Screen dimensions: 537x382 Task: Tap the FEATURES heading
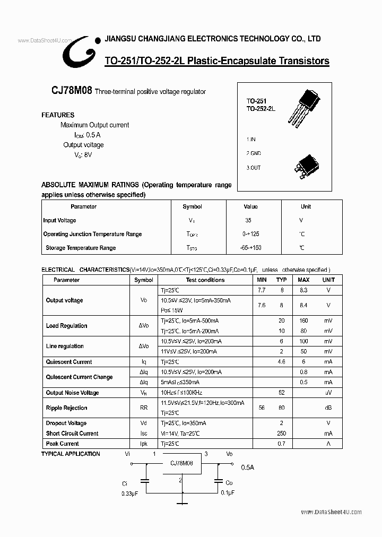[x=58, y=115]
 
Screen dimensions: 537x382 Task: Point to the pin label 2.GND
[x=254, y=153]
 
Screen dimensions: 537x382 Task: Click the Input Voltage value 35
[x=249, y=220]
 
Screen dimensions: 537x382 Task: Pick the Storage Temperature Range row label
[x=81, y=248]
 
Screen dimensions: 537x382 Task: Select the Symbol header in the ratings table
[x=192, y=206]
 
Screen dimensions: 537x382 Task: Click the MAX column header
[x=303, y=280]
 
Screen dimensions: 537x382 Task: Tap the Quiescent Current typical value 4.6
[x=281, y=362]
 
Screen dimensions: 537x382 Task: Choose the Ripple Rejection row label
[x=66, y=408]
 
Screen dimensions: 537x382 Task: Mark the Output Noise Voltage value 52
[x=281, y=393]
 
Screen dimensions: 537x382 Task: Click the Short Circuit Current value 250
[x=281, y=434]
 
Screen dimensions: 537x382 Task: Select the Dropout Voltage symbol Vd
[x=144, y=423]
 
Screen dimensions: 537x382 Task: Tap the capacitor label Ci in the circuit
[x=125, y=483]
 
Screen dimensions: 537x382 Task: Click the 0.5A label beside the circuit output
[x=248, y=467]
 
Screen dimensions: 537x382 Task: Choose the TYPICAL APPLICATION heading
[x=71, y=454]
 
